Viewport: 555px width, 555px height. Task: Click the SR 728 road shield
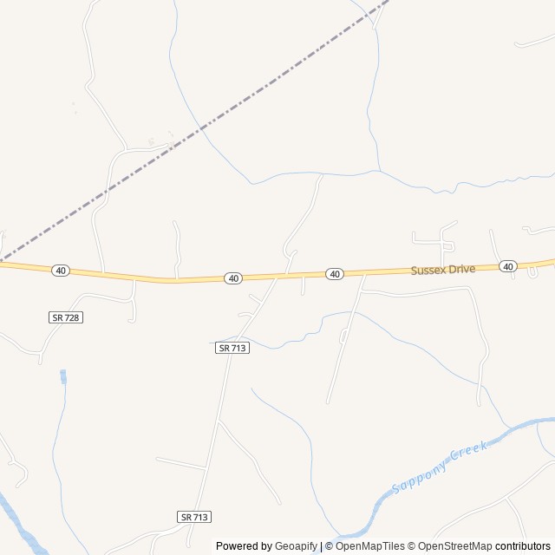click(x=65, y=318)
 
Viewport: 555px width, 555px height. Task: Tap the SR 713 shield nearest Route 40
click(x=232, y=348)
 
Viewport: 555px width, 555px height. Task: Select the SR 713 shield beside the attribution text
click(x=195, y=516)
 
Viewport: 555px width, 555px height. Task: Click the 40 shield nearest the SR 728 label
click(x=60, y=271)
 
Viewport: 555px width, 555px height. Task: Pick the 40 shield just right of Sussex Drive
click(x=508, y=266)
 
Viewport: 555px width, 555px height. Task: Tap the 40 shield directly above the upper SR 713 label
click(x=232, y=278)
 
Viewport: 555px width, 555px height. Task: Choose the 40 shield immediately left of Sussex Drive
click(x=335, y=274)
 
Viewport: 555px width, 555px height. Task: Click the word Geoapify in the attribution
click(x=296, y=546)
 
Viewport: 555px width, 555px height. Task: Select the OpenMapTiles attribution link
click(x=370, y=546)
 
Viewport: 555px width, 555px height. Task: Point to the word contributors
click(x=523, y=546)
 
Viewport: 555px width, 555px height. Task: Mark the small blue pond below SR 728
click(x=62, y=376)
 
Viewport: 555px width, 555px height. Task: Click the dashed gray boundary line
click(x=199, y=130)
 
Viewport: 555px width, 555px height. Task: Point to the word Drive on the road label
click(x=461, y=270)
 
